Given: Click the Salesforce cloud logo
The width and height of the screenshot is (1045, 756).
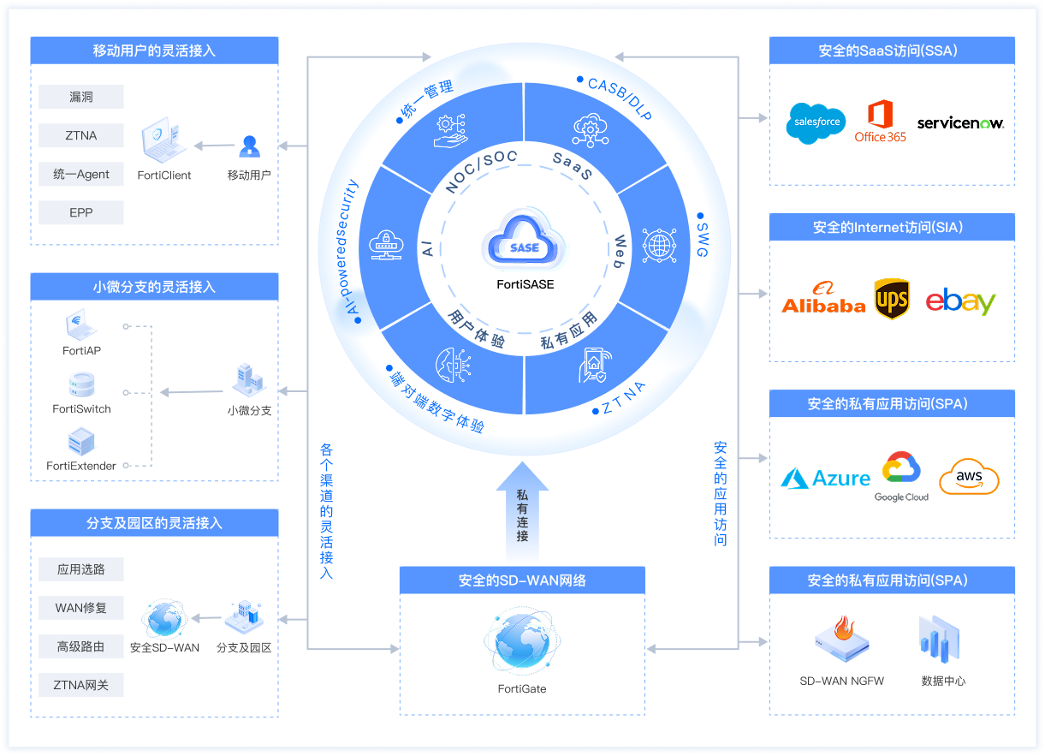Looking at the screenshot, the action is point(816,123).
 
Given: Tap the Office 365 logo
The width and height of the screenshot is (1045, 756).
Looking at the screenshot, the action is point(880,121).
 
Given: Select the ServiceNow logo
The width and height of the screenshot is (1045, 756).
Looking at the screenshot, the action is point(960,123).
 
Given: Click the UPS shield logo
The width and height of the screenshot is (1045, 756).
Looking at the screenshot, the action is point(892,299).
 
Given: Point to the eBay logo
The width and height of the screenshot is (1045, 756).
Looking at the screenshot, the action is point(960,301).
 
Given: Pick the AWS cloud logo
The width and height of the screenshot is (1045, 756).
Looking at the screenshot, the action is point(969,477).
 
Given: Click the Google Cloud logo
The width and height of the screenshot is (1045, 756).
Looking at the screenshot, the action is point(901,477).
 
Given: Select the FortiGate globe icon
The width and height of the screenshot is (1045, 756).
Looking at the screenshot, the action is point(522,640).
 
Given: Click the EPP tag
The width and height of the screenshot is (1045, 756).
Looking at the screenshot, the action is point(81,213).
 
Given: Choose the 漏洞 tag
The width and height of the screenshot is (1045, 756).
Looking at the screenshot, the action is point(81,97).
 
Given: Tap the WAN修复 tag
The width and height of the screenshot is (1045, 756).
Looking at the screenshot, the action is point(81,608).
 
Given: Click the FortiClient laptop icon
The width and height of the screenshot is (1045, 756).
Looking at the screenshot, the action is point(163,140).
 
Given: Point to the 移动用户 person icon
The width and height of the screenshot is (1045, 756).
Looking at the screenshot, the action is point(250,146).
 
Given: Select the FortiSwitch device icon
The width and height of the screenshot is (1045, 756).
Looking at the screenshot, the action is point(81,384).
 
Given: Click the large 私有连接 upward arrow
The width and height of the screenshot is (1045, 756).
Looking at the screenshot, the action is point(522,511).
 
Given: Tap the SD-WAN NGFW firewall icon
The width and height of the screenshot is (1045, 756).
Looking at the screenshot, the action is point(842,639).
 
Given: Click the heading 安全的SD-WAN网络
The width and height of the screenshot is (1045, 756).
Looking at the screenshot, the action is point(522,580).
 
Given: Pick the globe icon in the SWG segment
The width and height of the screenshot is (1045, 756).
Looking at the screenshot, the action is point(659,246).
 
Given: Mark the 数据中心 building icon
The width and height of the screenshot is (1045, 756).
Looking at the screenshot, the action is point(940,640).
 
